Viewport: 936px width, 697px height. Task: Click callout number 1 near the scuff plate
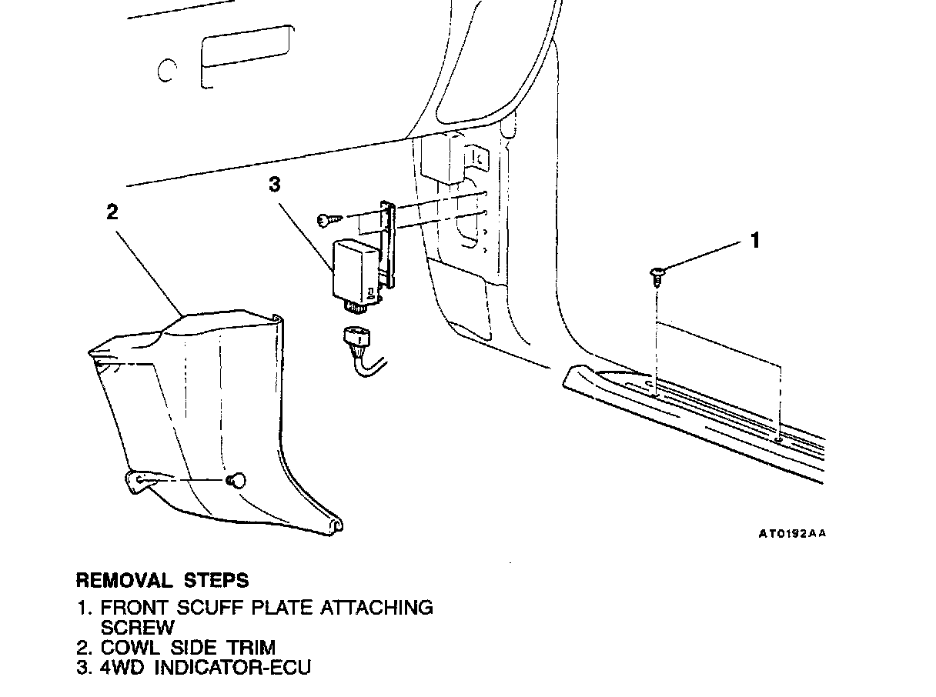click(x=755, y=240)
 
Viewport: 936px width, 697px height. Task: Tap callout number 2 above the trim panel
click(x=112, y=212)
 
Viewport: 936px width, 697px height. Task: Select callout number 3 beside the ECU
click(x=274, y=184)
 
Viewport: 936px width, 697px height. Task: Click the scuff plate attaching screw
click(x=657, y=274)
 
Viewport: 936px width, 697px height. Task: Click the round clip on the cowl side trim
click(x=236, y=480)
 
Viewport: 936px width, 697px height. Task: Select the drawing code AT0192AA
click(x=791, y=533)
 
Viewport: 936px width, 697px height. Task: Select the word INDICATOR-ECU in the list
click(x=233, y=667)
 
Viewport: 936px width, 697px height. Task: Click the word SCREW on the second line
click(x=138, y=627)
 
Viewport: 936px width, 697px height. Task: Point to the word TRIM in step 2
click(x=251, y=648)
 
